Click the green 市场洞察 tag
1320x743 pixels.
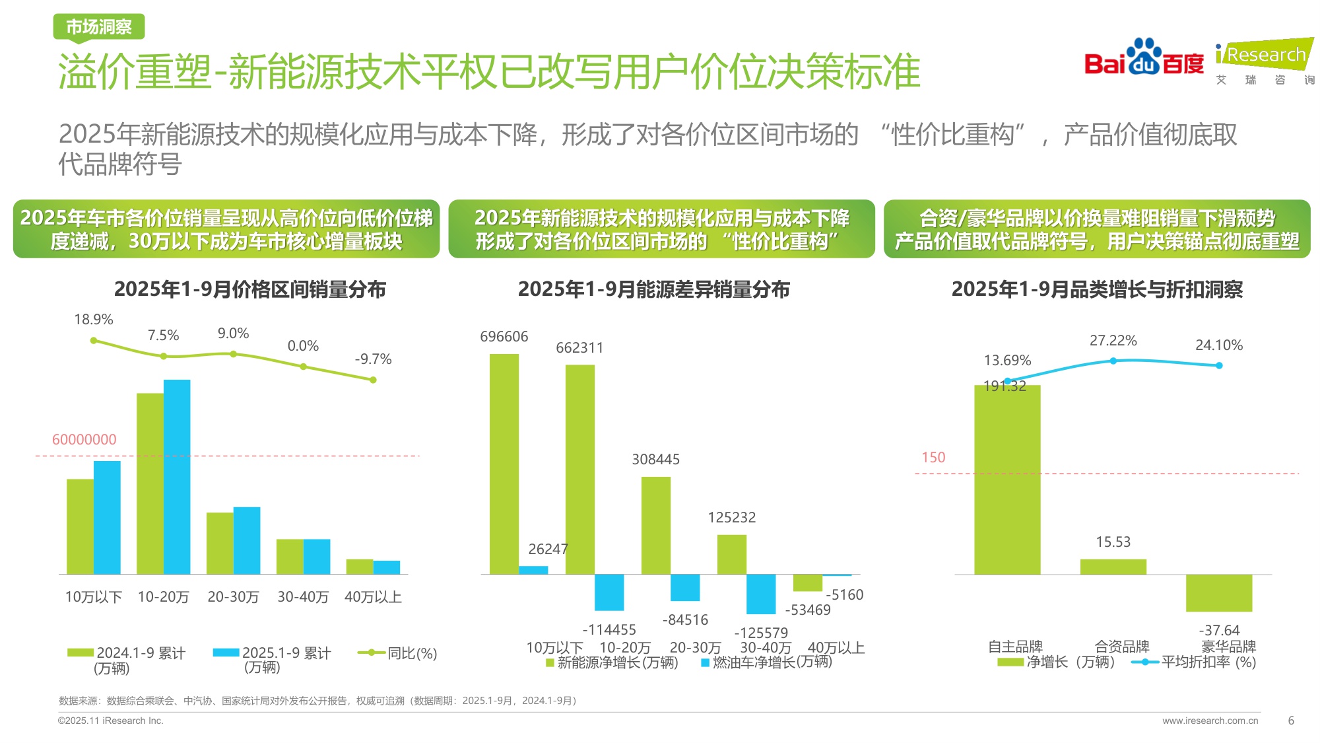click(x=99, y=27)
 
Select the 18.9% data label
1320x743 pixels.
click(x=93, y=320)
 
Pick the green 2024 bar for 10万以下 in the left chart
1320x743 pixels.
click(x=80, y=526)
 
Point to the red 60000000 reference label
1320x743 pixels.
click(x=84, y=440)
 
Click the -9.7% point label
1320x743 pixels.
click(x=373, y=359)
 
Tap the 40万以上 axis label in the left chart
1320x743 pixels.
click(x=373, y=597)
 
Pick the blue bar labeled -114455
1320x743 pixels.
click(x=609, y=592)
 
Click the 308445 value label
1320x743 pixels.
click(x=655, y=460)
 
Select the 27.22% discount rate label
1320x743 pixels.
click(x=1113, y=341)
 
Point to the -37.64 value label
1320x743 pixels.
click(x=1219, y=631)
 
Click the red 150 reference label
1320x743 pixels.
click(x=933, y=458)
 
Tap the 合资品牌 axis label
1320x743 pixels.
click(x=1121, y=647)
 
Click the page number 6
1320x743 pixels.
click(x=1291, y=721)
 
